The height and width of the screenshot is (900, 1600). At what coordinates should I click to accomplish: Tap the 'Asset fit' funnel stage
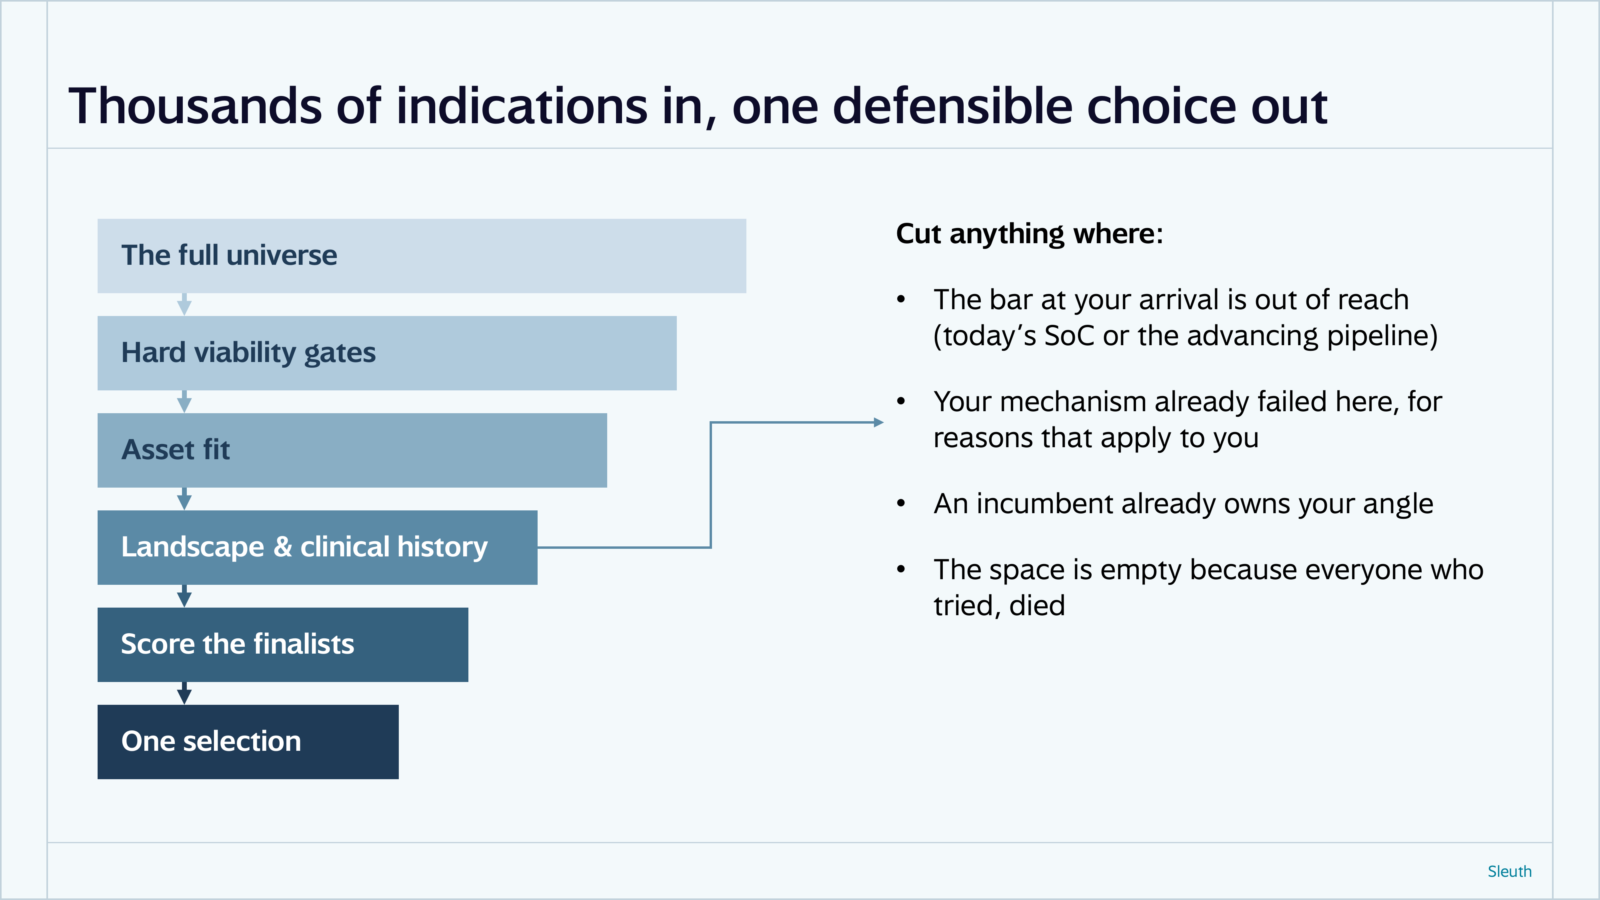point(352,450)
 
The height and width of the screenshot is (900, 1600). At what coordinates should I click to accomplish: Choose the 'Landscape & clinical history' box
point(317,547)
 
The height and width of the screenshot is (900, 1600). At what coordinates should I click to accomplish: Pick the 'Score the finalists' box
point(283,645)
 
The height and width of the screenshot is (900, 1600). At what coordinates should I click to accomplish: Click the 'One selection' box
point(248,742)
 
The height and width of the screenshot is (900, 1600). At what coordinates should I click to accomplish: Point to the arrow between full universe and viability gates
point(184,304)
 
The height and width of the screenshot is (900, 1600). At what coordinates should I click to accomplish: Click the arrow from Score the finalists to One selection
point(184,693)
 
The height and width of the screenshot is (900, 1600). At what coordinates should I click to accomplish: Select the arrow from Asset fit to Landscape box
point(184,499)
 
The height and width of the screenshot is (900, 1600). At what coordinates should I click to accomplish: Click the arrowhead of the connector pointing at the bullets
point(878,422)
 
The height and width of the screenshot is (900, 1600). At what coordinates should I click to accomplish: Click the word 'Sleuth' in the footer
point(1509,872)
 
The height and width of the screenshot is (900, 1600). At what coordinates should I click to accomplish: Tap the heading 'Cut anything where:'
point(1029,234)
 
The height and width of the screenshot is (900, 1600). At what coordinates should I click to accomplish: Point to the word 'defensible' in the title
point(952,106)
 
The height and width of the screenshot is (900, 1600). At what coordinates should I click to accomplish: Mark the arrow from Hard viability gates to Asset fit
point(184,402)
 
